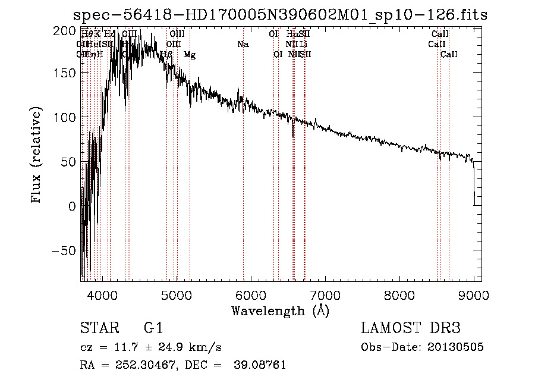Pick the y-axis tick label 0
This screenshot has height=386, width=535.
[73, 206]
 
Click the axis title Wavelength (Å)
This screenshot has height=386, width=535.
[280, 310]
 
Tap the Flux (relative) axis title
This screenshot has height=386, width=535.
[37, 156]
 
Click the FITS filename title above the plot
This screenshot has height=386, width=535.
[280, 14]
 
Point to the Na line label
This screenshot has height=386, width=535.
[243, 44]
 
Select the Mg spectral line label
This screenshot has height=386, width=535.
[190, 55]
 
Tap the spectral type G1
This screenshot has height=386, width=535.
[153, 328]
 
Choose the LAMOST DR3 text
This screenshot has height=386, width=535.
[411, 328]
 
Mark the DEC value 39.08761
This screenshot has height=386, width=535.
[259, 365]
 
